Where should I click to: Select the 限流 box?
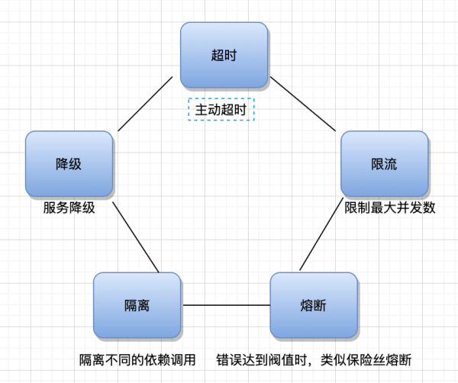[384, 164]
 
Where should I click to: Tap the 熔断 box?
[314, 305]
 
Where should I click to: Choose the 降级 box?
[69, 164]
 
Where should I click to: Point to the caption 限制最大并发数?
[389, 208]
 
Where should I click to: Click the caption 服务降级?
[69, 208]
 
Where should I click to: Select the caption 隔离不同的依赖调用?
[138, 359]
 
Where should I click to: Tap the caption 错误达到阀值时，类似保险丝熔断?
[318, 359]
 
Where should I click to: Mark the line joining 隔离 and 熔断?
[225, 305]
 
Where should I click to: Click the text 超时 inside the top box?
[224, 55]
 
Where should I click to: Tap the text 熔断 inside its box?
[314, 306]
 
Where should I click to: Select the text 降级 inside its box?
[69, 165]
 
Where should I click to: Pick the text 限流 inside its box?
[384, 165]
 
